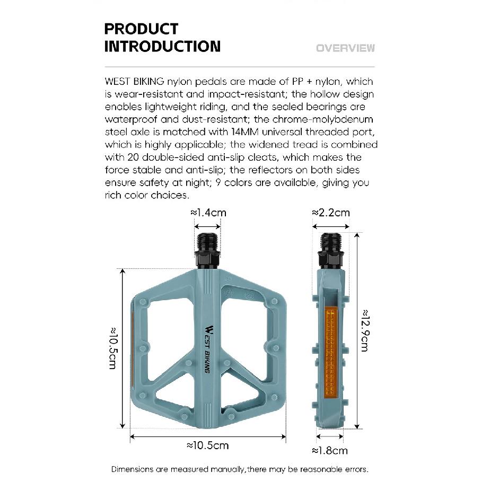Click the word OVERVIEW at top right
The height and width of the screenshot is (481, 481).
pyautogui.click(x=345, y=48)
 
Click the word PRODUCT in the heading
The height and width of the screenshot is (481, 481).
pyautogui.click(x=141, y=29)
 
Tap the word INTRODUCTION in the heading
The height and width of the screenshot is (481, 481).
pyautogui.click(x=163, y=46)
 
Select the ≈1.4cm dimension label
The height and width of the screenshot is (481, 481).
pyautogui.click(x=208, y=213)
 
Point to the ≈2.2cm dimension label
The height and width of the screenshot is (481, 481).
pyautogui.click(x=331, y=213)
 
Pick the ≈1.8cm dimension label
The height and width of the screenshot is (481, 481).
pyautogui.click(x=330, y=450)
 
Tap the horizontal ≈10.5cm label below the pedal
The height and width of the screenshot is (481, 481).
pyautogui.click(x=208, y=445)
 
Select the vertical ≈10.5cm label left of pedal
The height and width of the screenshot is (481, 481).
pyautogui.click(x=113, y=348)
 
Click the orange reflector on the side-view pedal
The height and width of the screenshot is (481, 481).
pyautogui.click(x=331, y=352)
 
